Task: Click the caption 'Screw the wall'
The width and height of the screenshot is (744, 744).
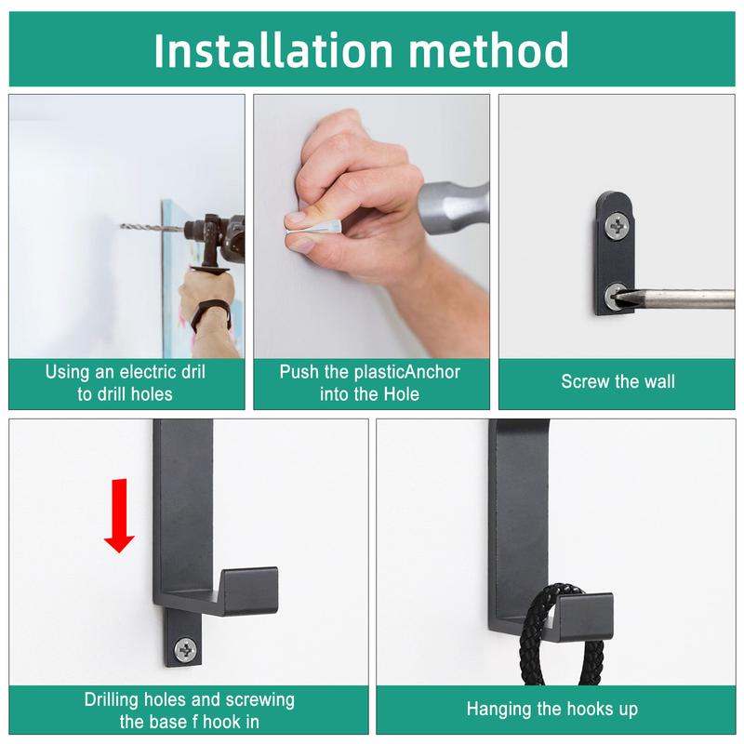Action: (618, 381)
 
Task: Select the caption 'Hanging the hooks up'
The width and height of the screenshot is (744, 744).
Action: (551, 710)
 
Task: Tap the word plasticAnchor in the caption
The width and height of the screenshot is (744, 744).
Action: (405, 372)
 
